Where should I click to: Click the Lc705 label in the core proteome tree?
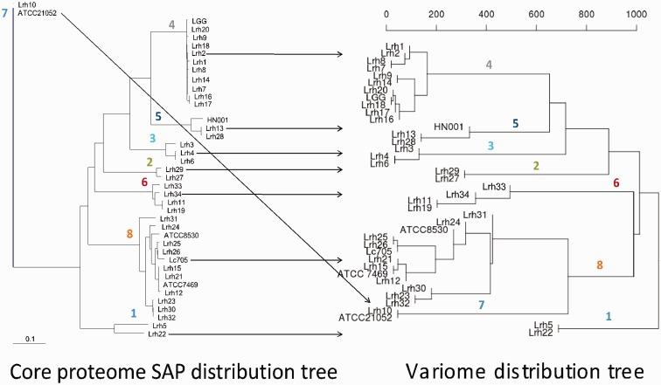(x=178, y=260)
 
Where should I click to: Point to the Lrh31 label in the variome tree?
(x=476, y=215)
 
